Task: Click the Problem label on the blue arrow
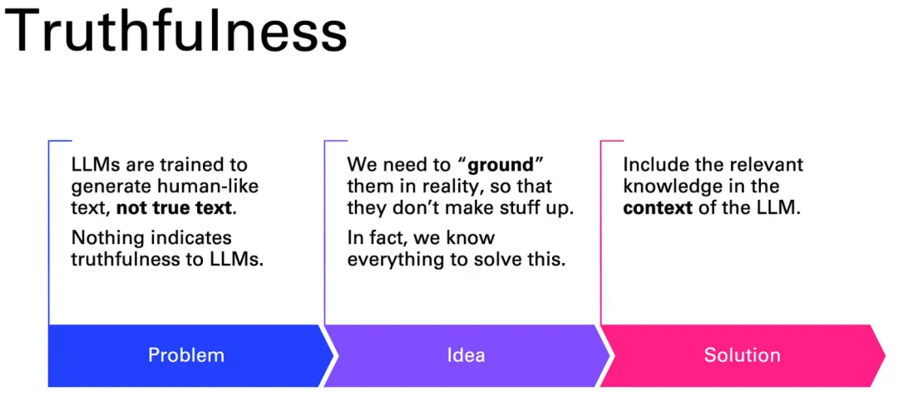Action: click(186, 355)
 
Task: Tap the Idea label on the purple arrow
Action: click(466, 355)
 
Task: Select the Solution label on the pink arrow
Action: click(743, 355)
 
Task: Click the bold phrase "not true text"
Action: click(175, 207)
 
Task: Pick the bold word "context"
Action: click(658, 207)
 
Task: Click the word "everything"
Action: click(390, 260)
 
